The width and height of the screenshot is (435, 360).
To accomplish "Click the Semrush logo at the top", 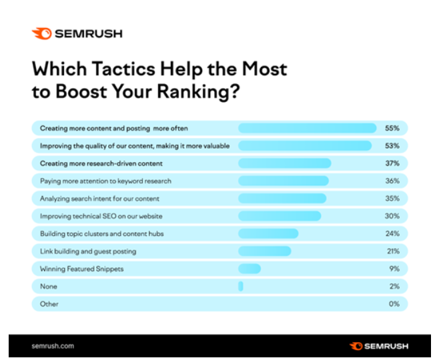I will coord(77,33).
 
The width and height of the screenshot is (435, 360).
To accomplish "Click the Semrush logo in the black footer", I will coord(379,346).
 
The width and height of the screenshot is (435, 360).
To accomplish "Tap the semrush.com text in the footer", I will coord(53,346).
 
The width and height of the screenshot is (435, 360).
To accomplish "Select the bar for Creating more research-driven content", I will coord(284,163).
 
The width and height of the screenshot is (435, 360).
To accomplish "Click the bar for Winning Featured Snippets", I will coord(250,269).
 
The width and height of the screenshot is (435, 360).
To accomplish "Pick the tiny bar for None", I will coord(241,286).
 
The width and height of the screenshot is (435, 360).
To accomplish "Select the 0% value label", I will coord(393,304).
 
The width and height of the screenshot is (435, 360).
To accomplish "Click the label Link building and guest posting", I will coord(88,251).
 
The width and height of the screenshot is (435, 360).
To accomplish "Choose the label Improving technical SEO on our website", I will coord(101,216).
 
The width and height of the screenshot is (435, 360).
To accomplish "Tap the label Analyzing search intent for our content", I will coord(99,199).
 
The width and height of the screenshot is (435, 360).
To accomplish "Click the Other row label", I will coord(49,304).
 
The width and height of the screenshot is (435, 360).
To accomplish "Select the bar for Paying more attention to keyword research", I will coord(284,181).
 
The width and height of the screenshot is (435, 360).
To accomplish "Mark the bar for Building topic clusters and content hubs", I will coord(268,233).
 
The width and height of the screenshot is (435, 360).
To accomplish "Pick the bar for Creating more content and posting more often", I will coord(308,128).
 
